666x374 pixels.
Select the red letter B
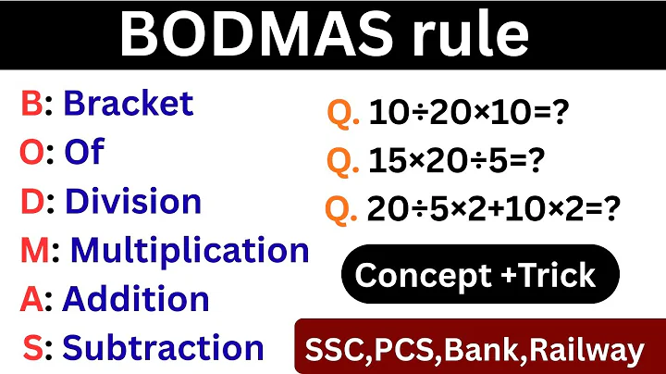(x=31, y=103)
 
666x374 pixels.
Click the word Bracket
(x=128, y=103)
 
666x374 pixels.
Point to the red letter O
(x=31, y=153)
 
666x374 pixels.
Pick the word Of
(x=83, y=153)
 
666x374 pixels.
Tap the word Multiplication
(x=190, y=250)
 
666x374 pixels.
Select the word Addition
(x=135, y=299)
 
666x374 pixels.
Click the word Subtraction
(x=163, y=348)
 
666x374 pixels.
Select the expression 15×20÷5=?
(x=456, y=162)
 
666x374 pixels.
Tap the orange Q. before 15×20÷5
(x=342, y=162)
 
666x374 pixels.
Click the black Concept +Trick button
(x=475, y=274)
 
